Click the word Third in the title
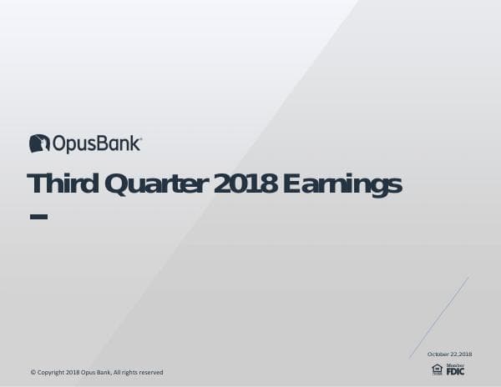[x=57, y=184]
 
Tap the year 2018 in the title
[x=245, y=184]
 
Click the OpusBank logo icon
[x=39, y=143]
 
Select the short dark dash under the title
[x=38, y=217]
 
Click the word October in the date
[x=438, y=354]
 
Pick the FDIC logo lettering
[x=455, y=371]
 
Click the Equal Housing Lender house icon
[x=437, y=369]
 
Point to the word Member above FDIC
[x=455, y=364]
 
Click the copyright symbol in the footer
[x=33, y=372]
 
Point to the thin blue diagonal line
[x=440, y=317]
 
